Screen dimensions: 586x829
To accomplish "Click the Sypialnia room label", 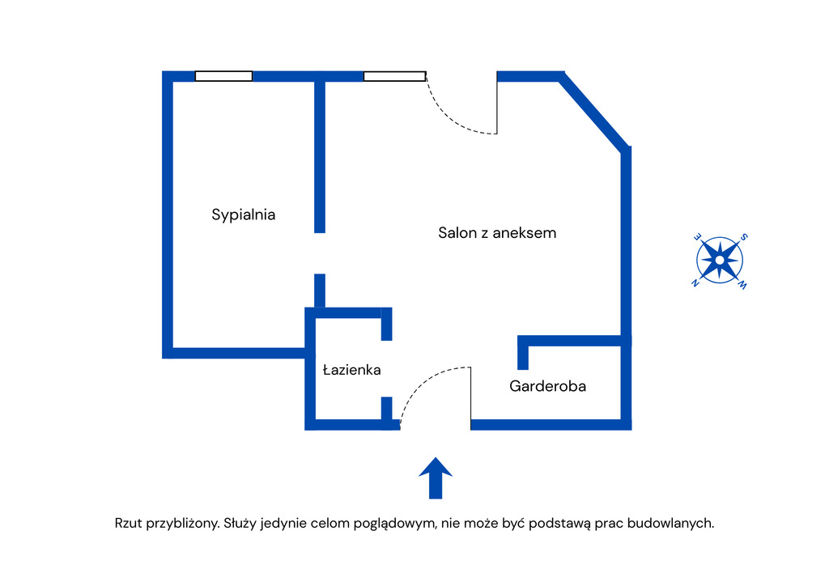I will click(x=244, y=214).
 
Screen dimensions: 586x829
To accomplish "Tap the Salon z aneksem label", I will click(x=497, y=233).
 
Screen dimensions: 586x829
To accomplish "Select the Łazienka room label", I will click(x=351, y=370).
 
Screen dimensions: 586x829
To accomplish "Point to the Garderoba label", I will click(x=547, y=386).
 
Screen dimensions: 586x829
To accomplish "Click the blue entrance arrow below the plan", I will click(x=436, y=478).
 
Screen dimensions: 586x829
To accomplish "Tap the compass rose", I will click(x=720, y=261).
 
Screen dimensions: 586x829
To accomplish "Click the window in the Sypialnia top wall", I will click(x=223, y=76).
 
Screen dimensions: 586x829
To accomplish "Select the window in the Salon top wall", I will click(x=394, y=76).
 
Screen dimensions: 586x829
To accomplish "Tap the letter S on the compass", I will click(x=744, y=237).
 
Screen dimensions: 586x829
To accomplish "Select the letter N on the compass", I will click(x=695, y=283).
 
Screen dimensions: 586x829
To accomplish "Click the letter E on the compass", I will click(x=696, y=236).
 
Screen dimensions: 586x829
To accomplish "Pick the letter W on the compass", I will click(x=742, y=284).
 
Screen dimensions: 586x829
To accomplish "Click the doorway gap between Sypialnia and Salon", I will click(x=320, y=253).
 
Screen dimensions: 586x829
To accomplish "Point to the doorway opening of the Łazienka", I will click(x=387, y=368).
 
